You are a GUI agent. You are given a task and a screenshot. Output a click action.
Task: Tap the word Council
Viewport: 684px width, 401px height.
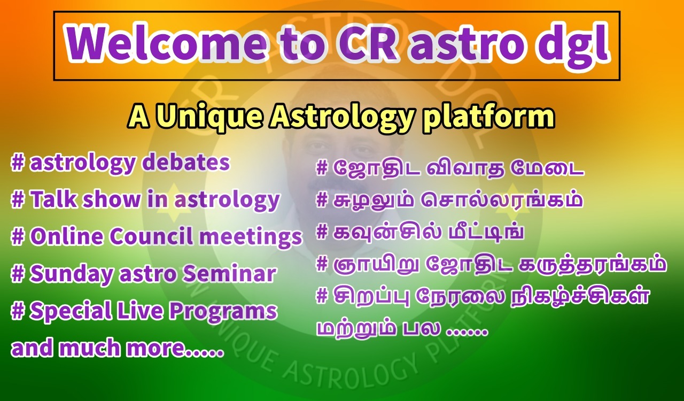click(151, 236)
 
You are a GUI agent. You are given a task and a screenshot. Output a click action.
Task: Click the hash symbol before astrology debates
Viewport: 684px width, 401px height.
click(18, 163)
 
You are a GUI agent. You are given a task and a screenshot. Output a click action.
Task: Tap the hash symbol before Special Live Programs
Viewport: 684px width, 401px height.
click(18, 310)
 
